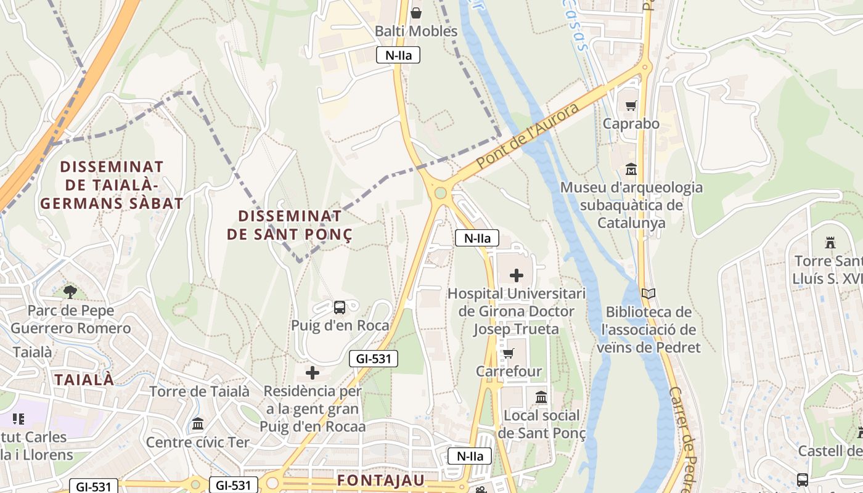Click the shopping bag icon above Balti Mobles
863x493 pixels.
[x=416, y=13]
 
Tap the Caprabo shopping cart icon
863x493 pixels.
[x=631, y=106]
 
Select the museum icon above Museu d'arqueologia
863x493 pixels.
[x=631, y=169]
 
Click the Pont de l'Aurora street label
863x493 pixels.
[x=528, y=137]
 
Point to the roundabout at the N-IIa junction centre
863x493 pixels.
[x=440, y=193]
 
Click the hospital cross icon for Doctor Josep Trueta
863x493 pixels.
[x=517, y=275]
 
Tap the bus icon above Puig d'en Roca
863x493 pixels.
[x=339, y=307]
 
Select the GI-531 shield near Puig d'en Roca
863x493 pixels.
[x=374, y=359]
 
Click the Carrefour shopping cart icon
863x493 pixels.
[x=508, y=354]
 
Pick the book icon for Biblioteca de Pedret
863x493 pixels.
[x=648, y=294]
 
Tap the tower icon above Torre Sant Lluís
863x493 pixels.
[x=830, y=243]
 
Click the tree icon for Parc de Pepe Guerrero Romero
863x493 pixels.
[x=70, y=291]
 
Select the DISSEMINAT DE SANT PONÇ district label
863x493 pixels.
[x=290, y=225]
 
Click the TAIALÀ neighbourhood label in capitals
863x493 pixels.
[x=84, y=380]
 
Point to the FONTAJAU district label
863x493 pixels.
[x=381, y=480]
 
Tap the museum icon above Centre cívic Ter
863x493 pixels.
[x=198, y=424]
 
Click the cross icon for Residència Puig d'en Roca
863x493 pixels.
[x=313, y=373]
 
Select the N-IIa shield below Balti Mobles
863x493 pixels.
[x=398, y=55]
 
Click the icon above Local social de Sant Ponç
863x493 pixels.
[x=541, y=397]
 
